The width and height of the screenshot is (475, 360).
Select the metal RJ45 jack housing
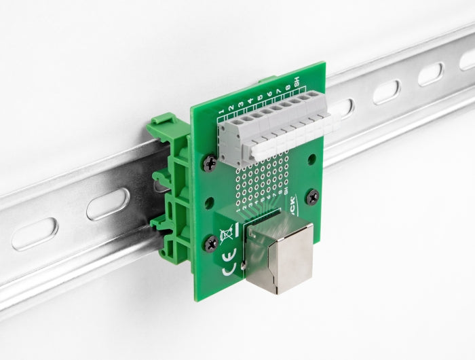[x=279, y=253]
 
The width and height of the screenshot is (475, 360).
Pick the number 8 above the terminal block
[x=288, y=88]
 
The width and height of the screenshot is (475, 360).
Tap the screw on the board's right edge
[x=311, y=198]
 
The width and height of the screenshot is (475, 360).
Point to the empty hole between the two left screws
[x=209, y=200]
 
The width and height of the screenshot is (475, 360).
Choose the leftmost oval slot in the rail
[x=34, y=234]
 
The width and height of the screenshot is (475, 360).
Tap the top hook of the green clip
[x=163, y=125]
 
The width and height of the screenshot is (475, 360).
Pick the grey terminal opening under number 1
[x=226, y=130]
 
